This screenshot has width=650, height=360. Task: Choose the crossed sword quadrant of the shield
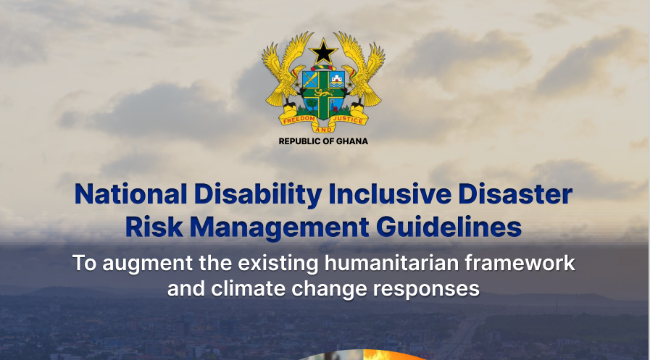coord(312,78)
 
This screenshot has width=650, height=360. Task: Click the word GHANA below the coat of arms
coord(351,141)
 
